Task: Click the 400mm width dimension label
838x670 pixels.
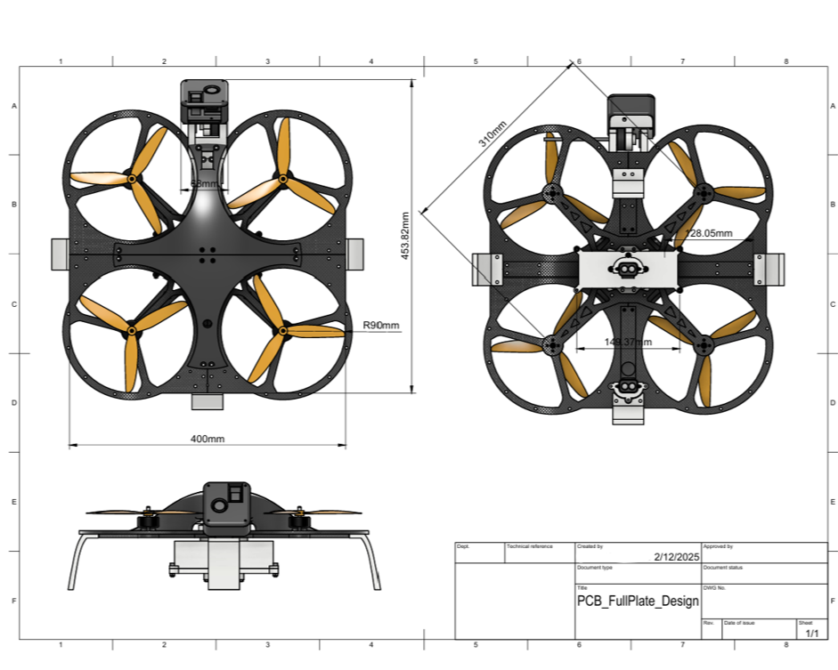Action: [x=207, y=439]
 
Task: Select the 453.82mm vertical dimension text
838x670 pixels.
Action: [x=405, y=235]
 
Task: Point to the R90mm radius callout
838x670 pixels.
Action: [x=381, y=327]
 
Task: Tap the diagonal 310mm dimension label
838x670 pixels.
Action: [x=492, y=133]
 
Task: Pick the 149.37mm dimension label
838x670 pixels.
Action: [x=628, y=342]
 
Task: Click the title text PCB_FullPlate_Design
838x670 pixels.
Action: [x=638, y=601]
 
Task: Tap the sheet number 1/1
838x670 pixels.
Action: [x=812, y=634]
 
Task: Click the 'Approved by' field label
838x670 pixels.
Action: [x=718, y=546]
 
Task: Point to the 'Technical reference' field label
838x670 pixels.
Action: [x=530, y=546]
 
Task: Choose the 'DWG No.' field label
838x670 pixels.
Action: [x=715, y=588]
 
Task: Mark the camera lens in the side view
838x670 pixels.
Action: [x=216, y=505]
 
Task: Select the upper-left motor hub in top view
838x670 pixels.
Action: [x=132, y=179]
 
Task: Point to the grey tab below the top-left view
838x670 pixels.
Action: [x=207, y=402]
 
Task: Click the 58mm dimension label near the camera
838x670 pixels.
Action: [x=204, y=183]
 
